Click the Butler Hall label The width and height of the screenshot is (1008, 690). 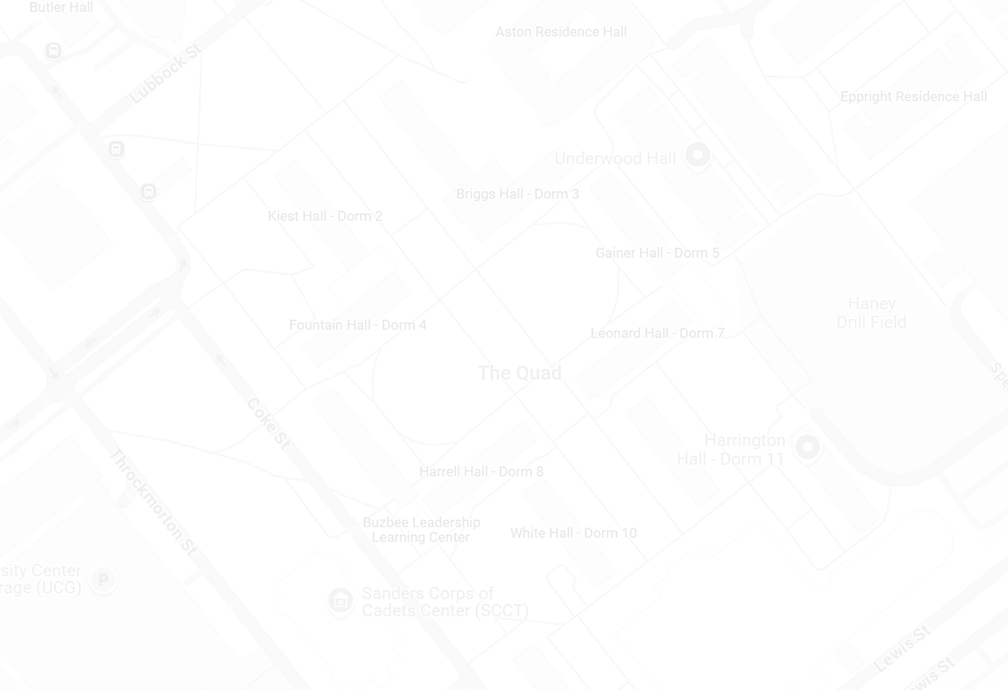pos(61,8)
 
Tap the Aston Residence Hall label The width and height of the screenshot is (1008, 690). pos(561,32)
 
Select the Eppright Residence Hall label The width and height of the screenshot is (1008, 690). pos(913,97)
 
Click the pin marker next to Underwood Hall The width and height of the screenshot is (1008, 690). pos(697,155)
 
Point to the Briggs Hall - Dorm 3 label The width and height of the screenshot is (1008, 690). pos(517,194)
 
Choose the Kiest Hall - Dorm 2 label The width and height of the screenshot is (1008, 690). pos(325,216)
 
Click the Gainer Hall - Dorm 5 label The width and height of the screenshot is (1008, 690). pos(657,253)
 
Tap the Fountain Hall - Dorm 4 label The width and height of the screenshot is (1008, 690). pos(357,325)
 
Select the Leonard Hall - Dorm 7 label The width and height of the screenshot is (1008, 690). pos(657,333)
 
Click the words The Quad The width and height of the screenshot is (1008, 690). pos(519,373)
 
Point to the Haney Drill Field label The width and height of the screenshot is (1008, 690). pos(871,313)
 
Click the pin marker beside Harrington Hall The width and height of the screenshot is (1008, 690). pos(807,446)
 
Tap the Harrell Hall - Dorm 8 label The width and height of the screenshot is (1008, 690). pos(481,472)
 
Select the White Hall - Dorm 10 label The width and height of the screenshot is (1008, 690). pos(573,533)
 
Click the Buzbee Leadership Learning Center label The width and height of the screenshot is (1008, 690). pos(421,530)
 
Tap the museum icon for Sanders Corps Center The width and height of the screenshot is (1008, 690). pos(341,600)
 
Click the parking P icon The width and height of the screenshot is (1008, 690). pos(103,579)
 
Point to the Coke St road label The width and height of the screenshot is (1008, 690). pos(268,423)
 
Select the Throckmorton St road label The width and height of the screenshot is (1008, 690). pos(153,502)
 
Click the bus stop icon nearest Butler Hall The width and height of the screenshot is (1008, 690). pos(53,50)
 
